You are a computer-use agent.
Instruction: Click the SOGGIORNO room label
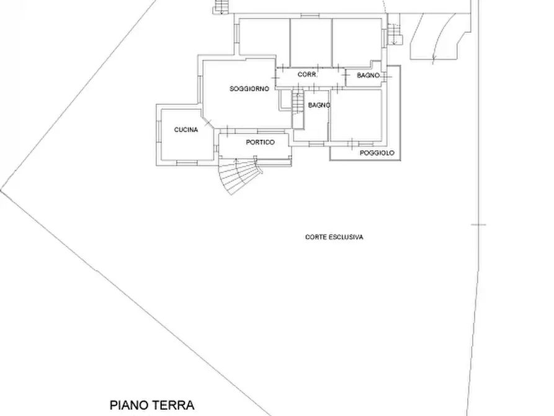(x=249, y=89)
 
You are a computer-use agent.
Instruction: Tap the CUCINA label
(x=186, y=130)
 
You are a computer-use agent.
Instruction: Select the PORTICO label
(x=260, y=142)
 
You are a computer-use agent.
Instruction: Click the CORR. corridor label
(x=307, y=75)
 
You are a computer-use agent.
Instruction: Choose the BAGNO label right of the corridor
(x=369, y=75)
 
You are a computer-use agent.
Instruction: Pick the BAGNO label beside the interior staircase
(x=319, y=106)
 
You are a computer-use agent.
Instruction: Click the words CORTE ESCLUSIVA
(x=334, y=237)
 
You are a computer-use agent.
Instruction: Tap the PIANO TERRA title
(x=153, y=405)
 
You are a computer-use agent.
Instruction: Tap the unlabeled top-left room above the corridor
(x=264, y=37)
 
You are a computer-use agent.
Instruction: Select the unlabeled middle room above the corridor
(x=311, y=42)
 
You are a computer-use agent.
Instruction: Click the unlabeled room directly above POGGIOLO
(x=356, y=115)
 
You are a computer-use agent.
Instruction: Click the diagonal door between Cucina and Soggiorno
(x=210, y=121)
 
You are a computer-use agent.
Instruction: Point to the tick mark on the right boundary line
(x=478, y=224)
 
